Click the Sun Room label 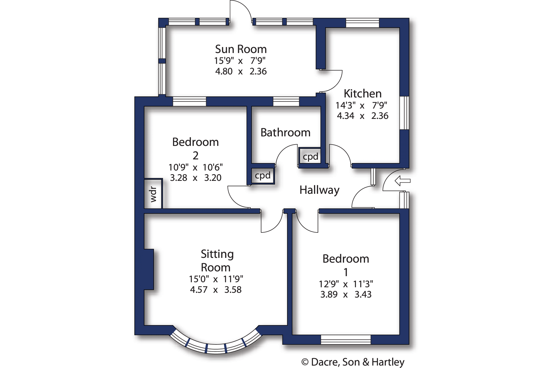coord(241,49)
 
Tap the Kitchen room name coord(363,93)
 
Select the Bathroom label coord(285,132)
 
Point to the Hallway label coord(319,190)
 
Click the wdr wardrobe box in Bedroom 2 coord(153,193)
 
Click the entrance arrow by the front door coord(402,181)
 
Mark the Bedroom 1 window coord(346,340)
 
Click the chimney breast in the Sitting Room coord(149,269)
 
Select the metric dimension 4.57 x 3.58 coord(216,290)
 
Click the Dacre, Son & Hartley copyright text coord(353,362)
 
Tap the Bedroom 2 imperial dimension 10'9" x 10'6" coord(195,167)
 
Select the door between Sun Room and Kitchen coord(331,81)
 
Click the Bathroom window coord(286,101)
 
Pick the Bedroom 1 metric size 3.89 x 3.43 coord(346,295)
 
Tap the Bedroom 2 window coord(189,101)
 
